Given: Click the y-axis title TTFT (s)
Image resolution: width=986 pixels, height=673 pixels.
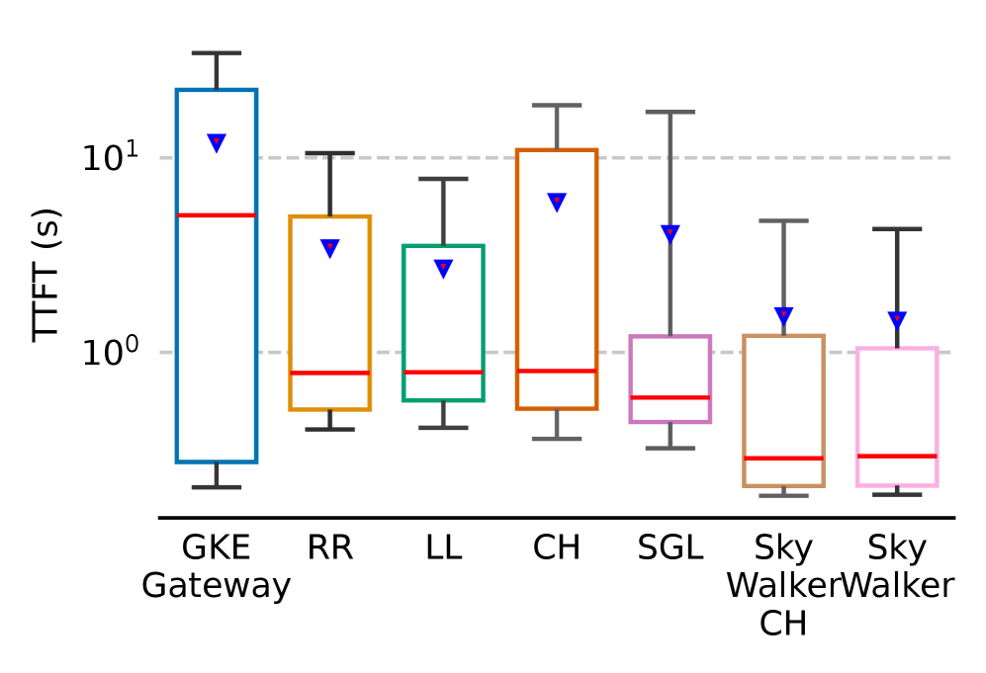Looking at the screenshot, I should pos(46,274).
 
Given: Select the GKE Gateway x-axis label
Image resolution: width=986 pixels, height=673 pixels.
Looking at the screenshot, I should pos(216,567).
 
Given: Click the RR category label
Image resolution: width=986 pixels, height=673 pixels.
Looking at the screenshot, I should pos(329,548).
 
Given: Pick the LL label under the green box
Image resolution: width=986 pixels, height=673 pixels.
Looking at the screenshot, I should pos(443,548).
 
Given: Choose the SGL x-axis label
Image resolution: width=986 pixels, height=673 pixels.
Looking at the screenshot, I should pos(670,548).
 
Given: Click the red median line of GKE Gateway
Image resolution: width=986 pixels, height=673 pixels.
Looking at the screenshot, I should pos(217,214).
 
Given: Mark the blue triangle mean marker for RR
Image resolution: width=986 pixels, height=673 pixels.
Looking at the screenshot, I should pos(330,248).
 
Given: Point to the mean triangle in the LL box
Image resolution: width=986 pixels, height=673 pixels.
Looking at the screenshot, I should pos(444,268).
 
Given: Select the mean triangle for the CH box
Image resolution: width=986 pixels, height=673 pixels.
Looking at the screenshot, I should pos(557,202).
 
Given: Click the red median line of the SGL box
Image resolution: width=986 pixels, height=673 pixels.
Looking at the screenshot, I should pos(671,397).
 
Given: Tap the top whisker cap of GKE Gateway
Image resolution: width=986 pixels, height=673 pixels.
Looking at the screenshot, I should pos(217,52).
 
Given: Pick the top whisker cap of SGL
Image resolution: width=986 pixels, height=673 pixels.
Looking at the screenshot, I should pos(671,112).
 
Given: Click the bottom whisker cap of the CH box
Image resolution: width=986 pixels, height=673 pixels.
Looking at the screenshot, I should pos(557,438).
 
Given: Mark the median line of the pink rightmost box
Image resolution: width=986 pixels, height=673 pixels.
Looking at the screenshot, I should pos(897,456).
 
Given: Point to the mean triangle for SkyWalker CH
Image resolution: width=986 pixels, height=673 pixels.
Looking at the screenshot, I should pos(783,315).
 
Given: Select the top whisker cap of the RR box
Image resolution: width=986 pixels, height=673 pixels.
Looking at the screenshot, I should pos(330,153).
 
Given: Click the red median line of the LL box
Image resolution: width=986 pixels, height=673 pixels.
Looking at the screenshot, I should pos(444,372).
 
